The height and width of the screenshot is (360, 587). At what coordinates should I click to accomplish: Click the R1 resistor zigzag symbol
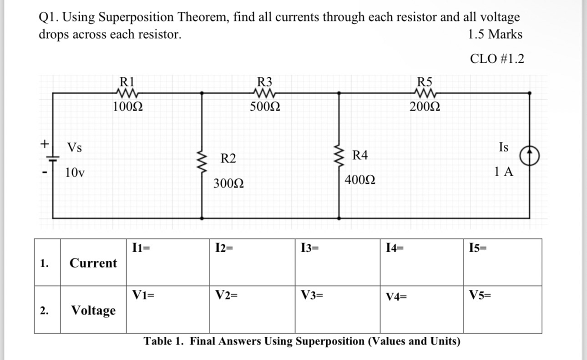tap(127, 93)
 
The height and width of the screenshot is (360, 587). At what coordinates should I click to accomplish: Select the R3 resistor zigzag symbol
tap(265, 93)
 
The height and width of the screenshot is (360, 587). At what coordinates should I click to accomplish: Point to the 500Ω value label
tap(265, 107)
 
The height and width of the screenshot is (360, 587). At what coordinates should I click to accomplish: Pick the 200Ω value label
tap(425, 107)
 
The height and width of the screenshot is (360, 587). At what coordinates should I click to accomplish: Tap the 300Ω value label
tap(228, 184)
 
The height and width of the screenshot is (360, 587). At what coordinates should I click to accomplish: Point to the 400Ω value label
tap(360, 180)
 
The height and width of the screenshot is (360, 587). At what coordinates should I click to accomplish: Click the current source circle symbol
tap(530, 157)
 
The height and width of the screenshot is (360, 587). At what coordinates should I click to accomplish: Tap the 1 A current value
tap(504, 172)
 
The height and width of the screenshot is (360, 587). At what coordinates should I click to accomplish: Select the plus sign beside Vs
tap(45, 144)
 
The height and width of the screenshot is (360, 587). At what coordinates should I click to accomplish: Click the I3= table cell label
tap(310, 248)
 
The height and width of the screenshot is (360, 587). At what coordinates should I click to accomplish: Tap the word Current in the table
tap(93, 263)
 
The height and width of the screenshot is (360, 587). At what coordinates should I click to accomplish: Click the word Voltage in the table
tap(93, 310)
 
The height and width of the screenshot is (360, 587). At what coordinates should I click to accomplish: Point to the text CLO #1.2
tap(496, 59)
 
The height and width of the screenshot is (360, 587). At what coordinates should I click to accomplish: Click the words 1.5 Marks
tap(495, 35)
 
